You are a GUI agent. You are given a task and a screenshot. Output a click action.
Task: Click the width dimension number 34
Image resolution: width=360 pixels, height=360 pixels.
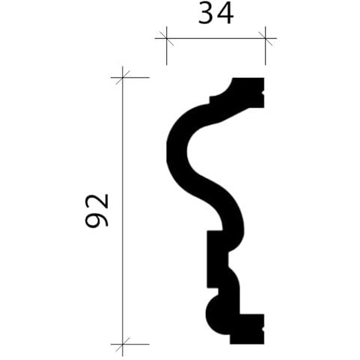216,14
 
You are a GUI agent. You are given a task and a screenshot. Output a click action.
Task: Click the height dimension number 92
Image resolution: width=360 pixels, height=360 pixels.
97,211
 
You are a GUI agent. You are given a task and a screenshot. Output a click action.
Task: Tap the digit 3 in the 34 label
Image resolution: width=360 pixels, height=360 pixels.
206,14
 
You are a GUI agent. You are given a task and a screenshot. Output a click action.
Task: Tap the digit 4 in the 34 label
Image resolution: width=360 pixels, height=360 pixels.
225,14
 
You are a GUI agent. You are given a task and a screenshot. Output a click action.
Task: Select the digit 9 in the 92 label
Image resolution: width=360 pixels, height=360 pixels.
97,220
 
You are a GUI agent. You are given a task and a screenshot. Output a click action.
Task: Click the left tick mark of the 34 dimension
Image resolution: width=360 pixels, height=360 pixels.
166,38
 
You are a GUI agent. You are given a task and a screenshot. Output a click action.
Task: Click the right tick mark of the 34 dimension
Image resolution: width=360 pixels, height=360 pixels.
265,38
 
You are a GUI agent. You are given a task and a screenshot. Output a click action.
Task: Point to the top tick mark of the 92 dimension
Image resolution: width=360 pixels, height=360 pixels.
123,78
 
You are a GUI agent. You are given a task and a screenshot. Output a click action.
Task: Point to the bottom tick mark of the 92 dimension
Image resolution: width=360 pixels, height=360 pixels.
123,344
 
